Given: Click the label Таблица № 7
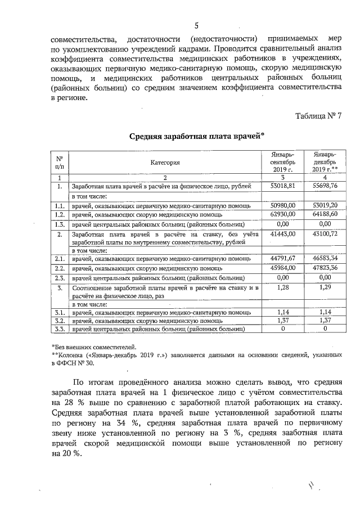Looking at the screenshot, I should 318,116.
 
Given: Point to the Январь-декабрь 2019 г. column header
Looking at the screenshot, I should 325,162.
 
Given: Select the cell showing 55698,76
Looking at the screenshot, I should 325,185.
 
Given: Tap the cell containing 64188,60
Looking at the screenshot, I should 325,214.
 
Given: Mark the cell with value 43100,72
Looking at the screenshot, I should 325,233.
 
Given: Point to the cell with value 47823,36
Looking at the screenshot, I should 325,268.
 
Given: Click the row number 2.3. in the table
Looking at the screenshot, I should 58,277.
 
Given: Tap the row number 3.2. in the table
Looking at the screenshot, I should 58,320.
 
